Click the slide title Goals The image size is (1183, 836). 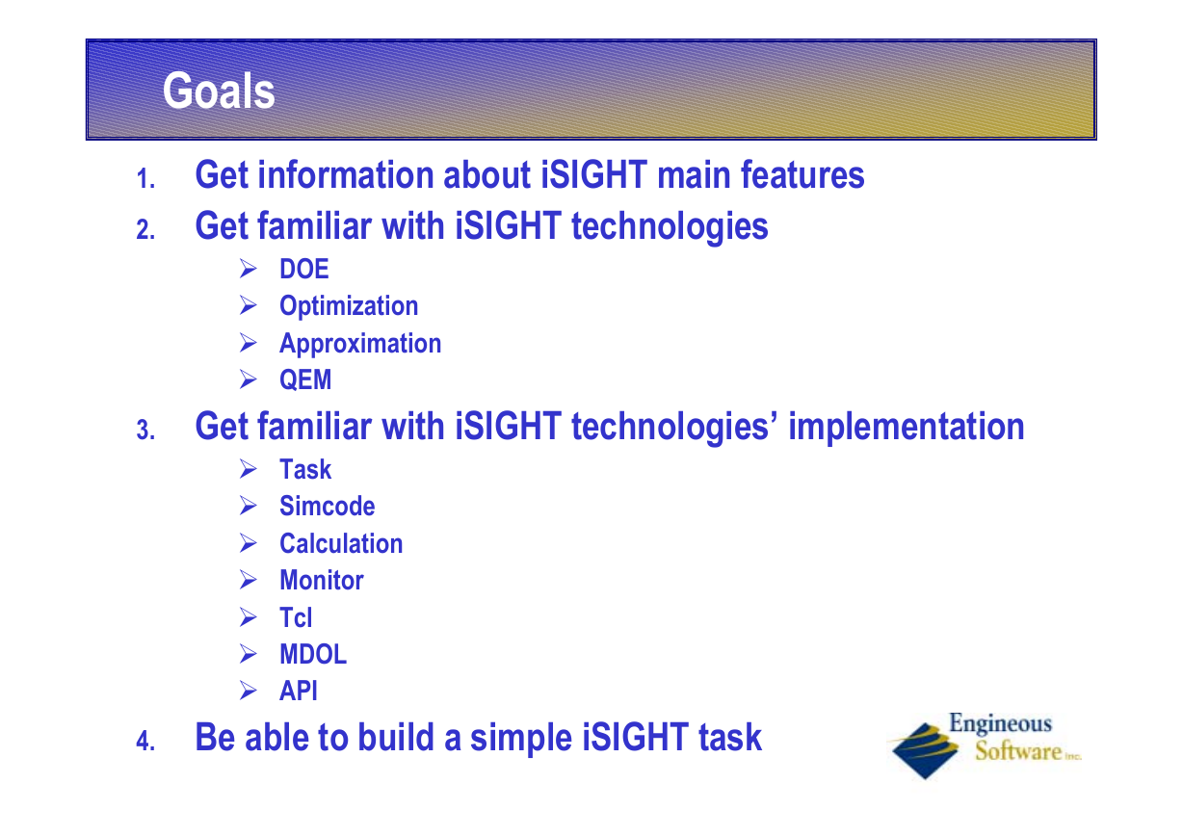point(219,91)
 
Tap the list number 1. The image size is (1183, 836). point(145,178)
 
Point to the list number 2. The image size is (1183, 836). point(145,230)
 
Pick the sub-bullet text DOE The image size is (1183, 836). point(304,269)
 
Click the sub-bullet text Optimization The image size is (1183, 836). point(349,305)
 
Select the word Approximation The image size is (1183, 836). point(360,343)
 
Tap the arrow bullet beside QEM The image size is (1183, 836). point(248,379)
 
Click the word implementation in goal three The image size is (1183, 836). point(907,427)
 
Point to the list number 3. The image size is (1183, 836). point(145,430)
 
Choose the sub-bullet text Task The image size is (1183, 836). point(305,469)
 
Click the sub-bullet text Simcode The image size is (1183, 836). point(327,506)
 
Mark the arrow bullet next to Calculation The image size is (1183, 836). point(248,543)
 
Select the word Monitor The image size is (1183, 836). point(321,581)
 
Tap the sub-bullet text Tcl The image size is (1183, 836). point(296,617)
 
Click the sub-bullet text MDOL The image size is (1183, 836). point(313,654)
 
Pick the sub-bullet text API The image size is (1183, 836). point(299,691)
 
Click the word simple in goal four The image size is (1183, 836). point(521,739)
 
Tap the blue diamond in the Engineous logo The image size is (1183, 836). point(925,750)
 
